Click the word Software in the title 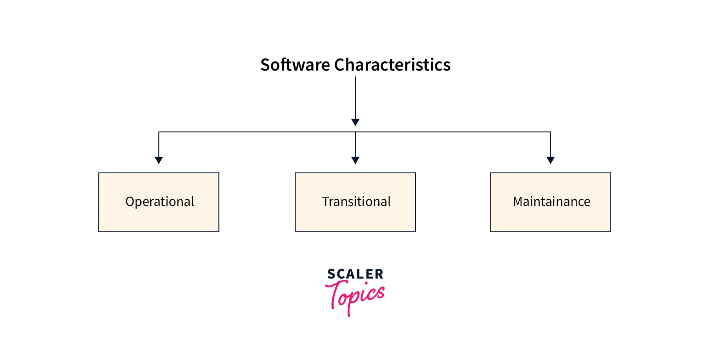click(295, 65)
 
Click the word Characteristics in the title click(392, 65)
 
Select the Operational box click(159, 202)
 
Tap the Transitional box click(355, 202)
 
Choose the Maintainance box click(550, 202)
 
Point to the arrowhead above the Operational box click(159, 160)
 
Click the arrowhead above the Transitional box click(355, 160)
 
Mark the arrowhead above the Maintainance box click(550, 160)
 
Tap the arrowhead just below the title click(355, 122)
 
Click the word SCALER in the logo click(355, 274)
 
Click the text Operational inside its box click(159, 202)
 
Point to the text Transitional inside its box click(356, 202)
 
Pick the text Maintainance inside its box click(552, 202)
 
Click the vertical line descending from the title click(355, 98)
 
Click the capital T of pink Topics click(335, 294)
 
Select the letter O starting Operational click(130, 202)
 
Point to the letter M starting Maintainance click(519, 202)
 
